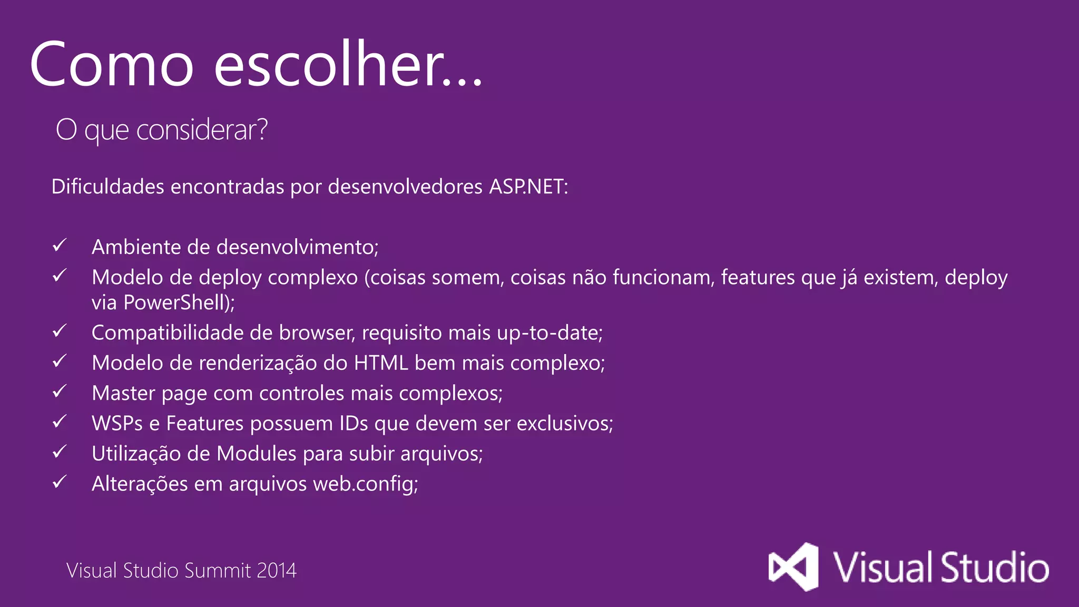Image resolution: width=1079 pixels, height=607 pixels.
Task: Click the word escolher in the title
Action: pyautogui.click(x=348, y=64)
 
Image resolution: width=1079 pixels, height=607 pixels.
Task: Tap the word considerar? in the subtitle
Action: pyautogui.click(x=202, y=130)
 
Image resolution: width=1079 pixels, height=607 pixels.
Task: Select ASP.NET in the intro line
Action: pyautogui.click(x=527, y=187)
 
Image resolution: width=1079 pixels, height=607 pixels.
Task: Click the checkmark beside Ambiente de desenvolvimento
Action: pyautogui.click(x=60, y=245)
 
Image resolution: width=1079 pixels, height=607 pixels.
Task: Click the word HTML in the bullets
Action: pyautogui.click(x=381, y=363)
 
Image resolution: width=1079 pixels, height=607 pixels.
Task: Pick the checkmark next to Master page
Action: pyautogui.click(x=60, y=391)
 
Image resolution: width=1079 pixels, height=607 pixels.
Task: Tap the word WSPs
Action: pyautogui.click(x=117, y=424)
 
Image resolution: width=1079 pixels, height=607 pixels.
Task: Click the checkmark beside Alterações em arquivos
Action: pyautogui.click(x=60, y=482)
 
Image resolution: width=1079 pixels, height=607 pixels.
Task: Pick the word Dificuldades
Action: pyautogui.click(x=107, y=187)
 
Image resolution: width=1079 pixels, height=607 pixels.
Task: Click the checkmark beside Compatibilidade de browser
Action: pyautogui.click(x=60, y=331)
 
